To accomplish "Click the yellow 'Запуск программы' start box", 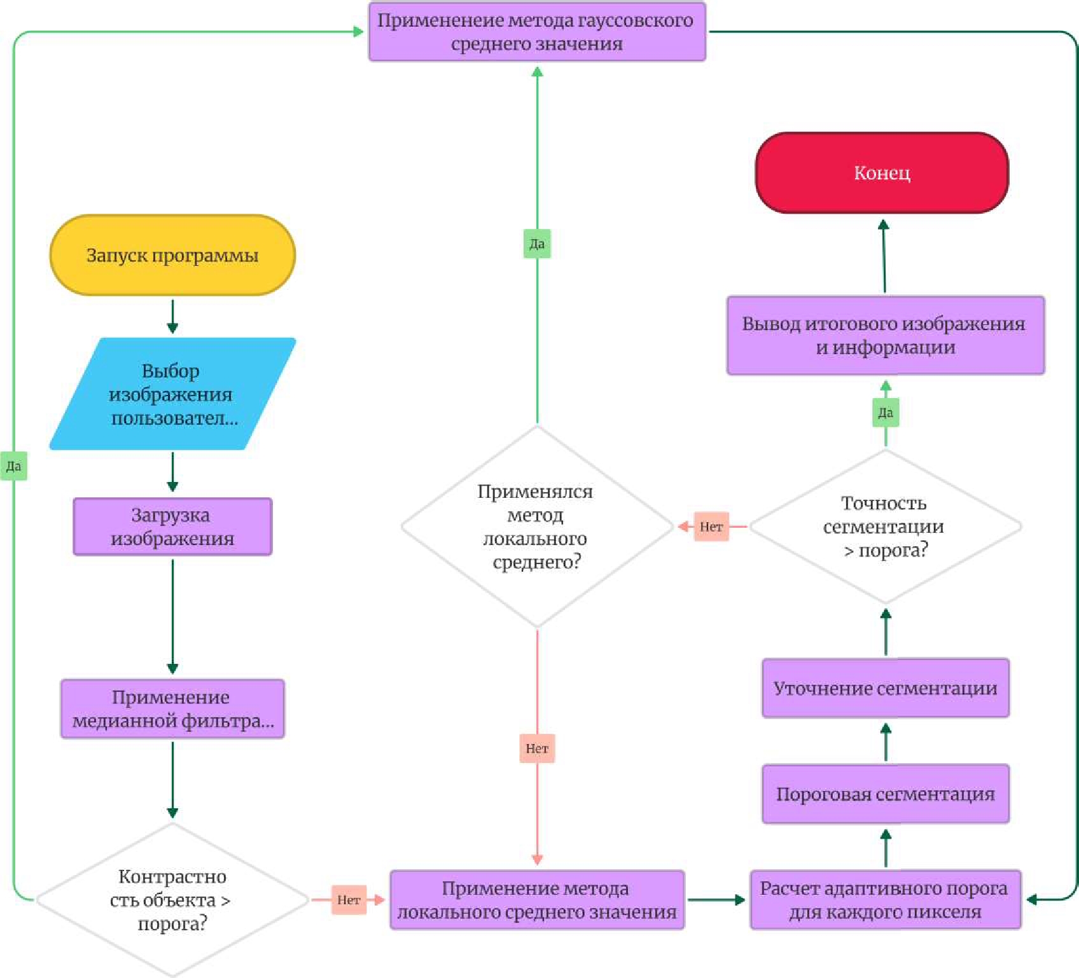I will coord(172,255).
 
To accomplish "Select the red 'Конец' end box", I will coord(882,173).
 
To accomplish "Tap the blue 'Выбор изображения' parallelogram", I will coord(172,394).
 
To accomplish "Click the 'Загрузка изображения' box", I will coord(172,527).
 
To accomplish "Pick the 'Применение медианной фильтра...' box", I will coord(172,708).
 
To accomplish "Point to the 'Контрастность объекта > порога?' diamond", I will coord(172,899).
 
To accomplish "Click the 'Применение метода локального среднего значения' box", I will coord(537,900).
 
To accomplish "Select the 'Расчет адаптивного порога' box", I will coord(885,900).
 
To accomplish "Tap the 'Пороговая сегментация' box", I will coord(885,794).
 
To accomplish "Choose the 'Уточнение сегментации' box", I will coord(885,688).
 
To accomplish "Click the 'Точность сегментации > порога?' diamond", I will coord(885,527).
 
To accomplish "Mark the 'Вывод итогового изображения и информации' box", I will coord(885,335).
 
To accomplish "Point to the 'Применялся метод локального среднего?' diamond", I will coord(537,527).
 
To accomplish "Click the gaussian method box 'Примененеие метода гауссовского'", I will coord(537,32).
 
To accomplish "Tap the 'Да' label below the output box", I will coord(885,413).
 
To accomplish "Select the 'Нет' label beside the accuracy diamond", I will coord(711,527).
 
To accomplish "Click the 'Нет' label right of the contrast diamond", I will coord(349,900).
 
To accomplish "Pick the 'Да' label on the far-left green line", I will coord(13,466).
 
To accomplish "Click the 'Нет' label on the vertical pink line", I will coord(537,748).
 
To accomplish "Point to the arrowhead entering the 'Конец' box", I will coord(883,224).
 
